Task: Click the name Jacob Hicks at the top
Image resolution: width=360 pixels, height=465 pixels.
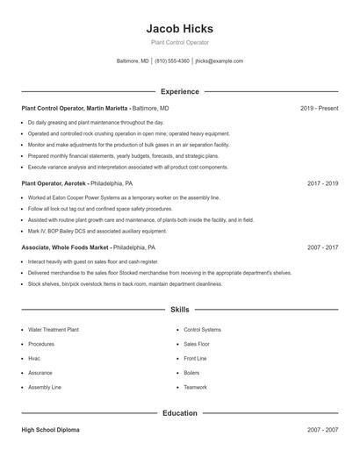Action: (179, 28)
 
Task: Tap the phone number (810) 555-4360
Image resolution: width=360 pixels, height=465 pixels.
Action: (173, 61)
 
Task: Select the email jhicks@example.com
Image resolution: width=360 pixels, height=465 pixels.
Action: (219, 61)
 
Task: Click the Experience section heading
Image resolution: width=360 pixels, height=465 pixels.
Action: (179, 91)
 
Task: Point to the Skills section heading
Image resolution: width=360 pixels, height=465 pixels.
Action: (179, 310)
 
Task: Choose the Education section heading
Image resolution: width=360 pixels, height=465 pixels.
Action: (179, 412)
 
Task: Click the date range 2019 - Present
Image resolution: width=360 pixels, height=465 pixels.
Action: (319, 108)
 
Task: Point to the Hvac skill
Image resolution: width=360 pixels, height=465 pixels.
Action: (34, 359)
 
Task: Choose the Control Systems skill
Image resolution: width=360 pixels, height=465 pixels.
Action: (202, 330)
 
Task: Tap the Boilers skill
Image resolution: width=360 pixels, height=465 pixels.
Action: (191, 373)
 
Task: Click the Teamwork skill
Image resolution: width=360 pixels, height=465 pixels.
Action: (195, 387)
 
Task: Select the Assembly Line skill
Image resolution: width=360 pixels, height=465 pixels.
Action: (44, 387)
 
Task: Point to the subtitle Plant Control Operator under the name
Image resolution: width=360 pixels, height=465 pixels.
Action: (179, 42)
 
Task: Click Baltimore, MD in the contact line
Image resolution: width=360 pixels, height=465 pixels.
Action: (133, 61)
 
